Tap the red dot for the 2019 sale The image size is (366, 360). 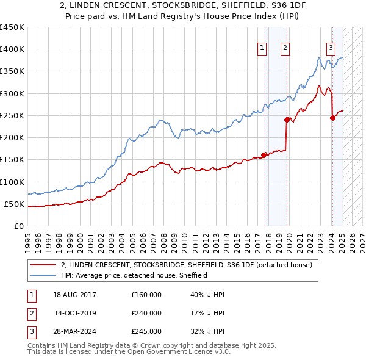pos(287,120)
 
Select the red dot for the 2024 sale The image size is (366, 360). pos(332,118)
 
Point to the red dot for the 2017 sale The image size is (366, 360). pos(264,155)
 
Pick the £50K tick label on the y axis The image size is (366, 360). pos(14,204)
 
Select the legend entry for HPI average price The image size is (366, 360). pos(134,275)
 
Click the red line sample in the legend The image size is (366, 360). pos(43,265)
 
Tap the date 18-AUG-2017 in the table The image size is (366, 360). pos(74,295)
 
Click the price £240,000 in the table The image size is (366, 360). pos(146,313)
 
